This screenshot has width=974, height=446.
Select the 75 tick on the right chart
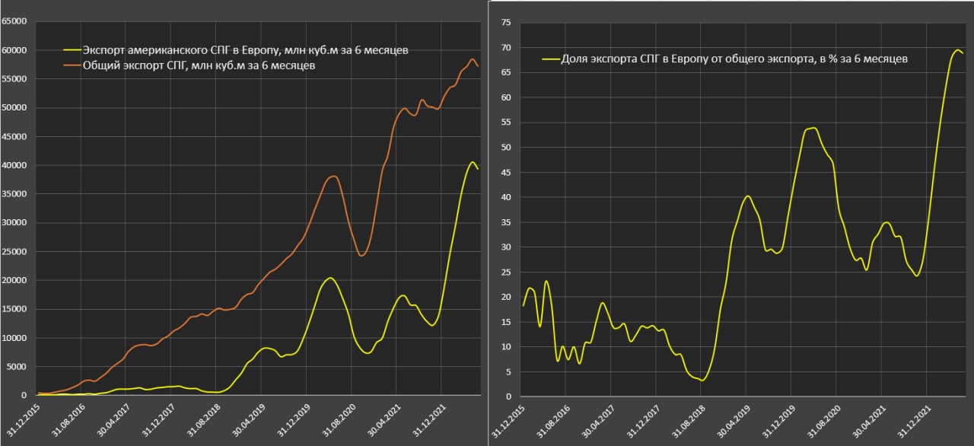[505, 23]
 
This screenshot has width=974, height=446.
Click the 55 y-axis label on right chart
[505, 123]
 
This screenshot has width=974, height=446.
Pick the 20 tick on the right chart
[505, 297]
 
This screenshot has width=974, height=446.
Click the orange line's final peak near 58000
[472, 59]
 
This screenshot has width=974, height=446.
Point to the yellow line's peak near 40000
[473, 162]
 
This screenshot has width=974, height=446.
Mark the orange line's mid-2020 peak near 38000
[333, 177]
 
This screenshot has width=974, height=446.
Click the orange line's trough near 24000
[361, 255]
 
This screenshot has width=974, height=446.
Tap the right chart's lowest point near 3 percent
[702, 380]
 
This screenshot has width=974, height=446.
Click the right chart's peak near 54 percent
[813, 128]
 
